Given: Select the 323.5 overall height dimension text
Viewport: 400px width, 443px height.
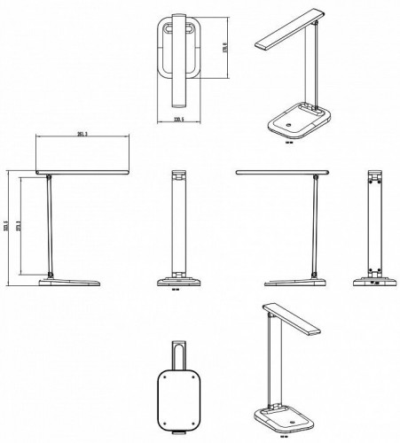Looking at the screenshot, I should click(6, 228).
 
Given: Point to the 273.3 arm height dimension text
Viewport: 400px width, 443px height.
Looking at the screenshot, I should click(22, 228).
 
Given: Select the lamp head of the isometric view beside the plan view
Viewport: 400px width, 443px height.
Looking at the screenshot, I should click(287, 33).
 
